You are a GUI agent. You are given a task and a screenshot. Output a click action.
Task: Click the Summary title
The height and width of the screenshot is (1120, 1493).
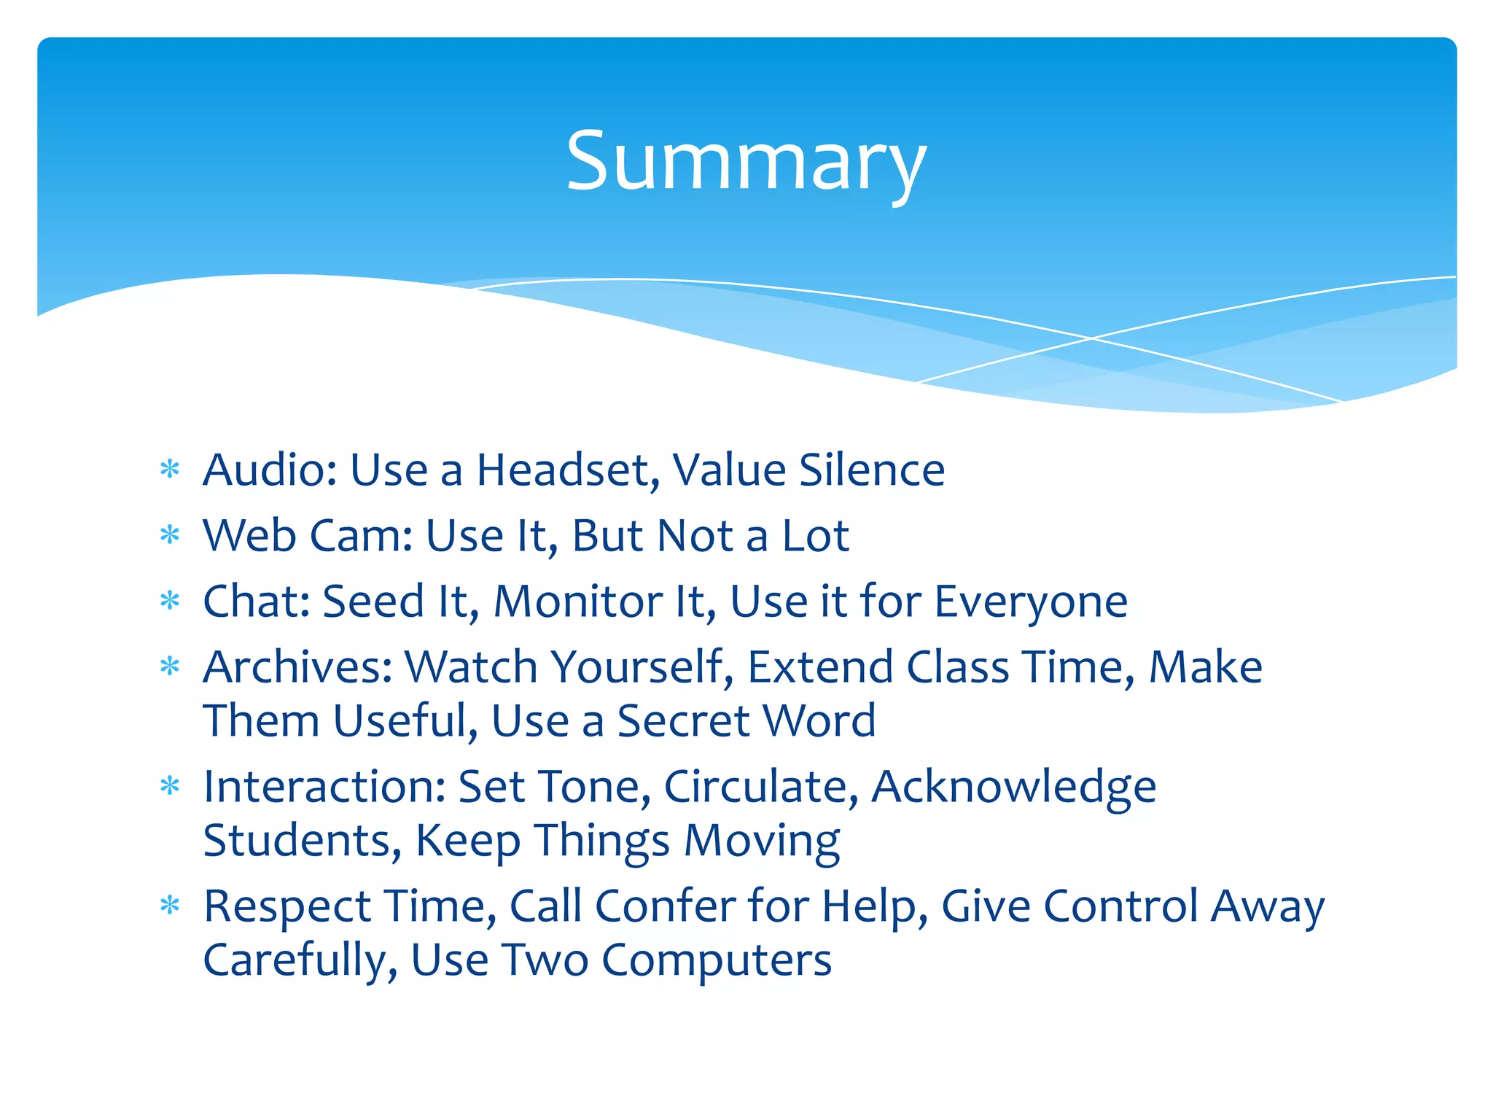click(746, 162)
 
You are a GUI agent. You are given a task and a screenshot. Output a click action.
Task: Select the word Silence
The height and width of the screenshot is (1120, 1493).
click(872, 470)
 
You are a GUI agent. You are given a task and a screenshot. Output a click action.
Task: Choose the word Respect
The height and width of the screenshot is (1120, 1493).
click(286, 908)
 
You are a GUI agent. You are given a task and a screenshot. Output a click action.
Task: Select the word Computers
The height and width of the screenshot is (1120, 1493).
click(716, 961)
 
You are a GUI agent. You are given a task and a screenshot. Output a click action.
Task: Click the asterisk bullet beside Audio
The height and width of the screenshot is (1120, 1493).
click(170, 470)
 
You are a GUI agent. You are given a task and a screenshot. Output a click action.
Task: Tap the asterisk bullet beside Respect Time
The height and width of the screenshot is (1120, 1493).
click(170, 906)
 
